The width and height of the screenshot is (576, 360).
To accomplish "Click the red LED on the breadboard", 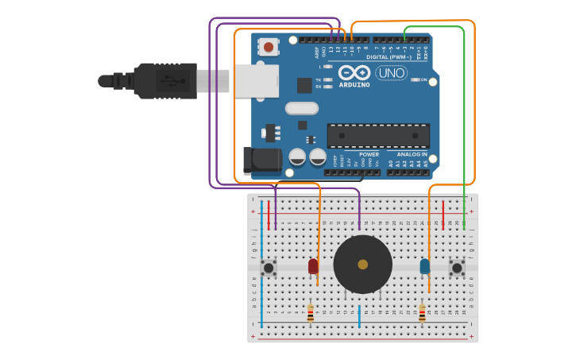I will [313, 266].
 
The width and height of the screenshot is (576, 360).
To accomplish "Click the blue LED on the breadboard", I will [425, 266].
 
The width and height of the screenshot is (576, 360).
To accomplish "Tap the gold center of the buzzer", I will [363, 264].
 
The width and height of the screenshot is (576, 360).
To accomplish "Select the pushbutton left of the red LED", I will [269, 268].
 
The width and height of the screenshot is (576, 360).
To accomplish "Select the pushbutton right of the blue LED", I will [457, 268].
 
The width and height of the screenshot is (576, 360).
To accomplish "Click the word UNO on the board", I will [391, 73].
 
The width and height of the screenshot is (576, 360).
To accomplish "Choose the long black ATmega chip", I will [378, 135].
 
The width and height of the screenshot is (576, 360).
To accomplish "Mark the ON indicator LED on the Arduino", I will [415, 80].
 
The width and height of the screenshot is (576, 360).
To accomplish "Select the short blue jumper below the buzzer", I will [359, 315].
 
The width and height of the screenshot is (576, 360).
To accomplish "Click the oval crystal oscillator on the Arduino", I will [301, 108].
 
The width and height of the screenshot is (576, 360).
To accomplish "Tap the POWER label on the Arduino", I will [369, 154].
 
